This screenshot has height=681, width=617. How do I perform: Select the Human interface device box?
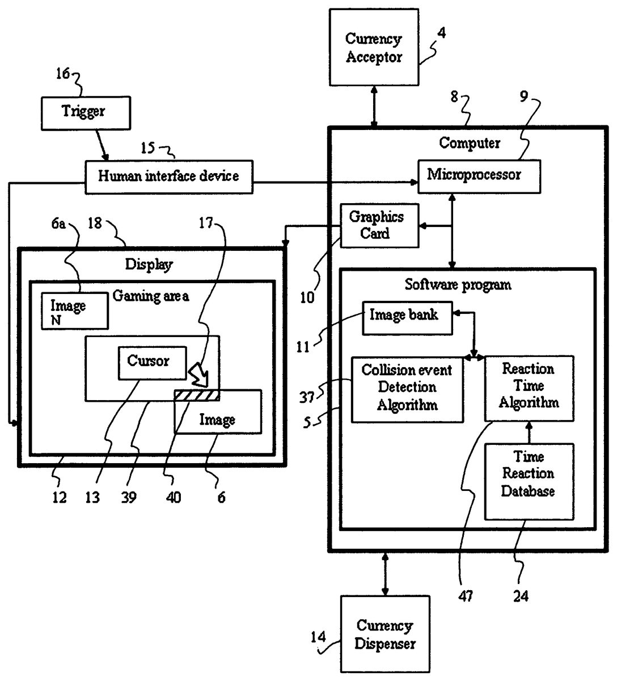pos(168,177)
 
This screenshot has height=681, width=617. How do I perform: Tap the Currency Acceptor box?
pos(374,48)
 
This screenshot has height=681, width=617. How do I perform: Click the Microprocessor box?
pos(479,175)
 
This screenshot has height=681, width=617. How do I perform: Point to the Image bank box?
pos(407,316)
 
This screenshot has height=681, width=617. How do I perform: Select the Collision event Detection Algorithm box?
pos(407,389)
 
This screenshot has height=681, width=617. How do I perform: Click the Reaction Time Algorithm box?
pos(529,388)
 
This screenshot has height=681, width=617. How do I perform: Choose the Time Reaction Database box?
pos(529,481)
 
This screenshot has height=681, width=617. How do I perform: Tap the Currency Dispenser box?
pos(385,634)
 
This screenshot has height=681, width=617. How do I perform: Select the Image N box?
pos(74,311)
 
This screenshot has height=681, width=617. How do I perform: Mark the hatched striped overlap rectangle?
pos(196,395)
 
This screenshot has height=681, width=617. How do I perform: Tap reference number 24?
pos(521,596)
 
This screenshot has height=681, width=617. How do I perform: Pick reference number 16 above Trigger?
pos(63,74)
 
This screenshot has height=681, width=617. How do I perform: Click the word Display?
pos(149,264)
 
